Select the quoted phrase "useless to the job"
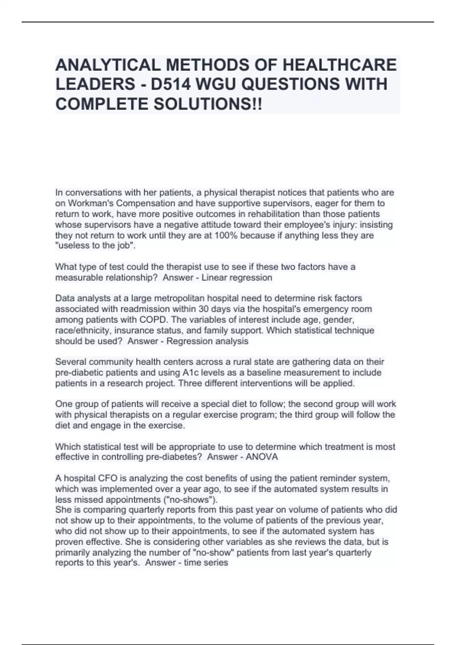95,246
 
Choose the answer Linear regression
237,278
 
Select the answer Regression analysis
207,341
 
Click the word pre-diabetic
81,373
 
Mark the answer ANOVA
262,457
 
